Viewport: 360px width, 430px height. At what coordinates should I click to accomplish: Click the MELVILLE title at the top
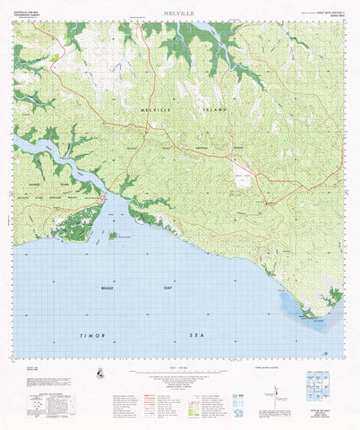pyautogui.click(x=179, y=14)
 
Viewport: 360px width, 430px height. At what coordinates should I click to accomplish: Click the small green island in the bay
pyautogui.click(x=113, y=236)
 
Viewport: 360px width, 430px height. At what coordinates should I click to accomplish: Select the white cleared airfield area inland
pyautogui.click(x=242, y=176)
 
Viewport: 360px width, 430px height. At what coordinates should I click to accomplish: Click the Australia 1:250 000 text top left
pyautogui.click(x=30, y=14)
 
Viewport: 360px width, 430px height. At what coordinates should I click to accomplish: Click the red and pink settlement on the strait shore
pyautogui.click(x=104, y=194)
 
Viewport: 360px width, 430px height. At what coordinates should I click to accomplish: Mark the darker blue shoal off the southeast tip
pyautogui.click(x=300, y=309)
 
